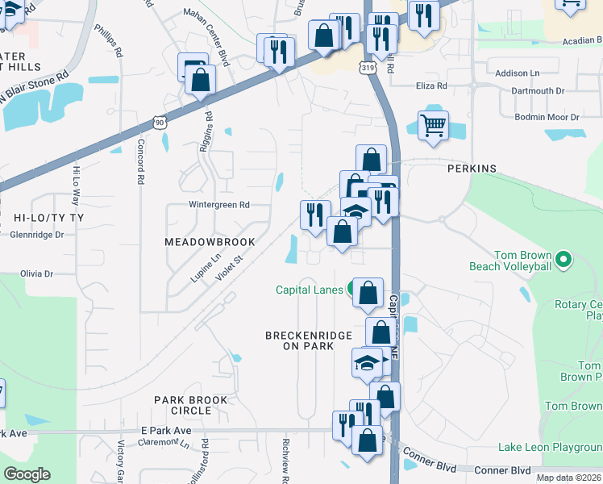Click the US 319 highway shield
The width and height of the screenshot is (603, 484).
(368, 69)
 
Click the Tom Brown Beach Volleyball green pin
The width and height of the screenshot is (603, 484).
(563, 261)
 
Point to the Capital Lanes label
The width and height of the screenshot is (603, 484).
(310, 290)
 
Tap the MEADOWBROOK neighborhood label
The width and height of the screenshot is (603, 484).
(210, 242)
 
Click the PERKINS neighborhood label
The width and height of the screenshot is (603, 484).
(472, 169)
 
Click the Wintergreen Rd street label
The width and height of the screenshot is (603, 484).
(219, 205)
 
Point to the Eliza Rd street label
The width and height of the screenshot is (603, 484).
(431, 86)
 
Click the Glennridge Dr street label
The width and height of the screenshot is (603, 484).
(36, 235)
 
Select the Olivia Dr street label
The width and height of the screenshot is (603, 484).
(36, 273)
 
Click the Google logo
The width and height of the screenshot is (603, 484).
(27, 474)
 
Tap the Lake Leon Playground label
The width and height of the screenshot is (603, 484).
(550, 448)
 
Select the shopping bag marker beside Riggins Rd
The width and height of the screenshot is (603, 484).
(200, 80)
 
